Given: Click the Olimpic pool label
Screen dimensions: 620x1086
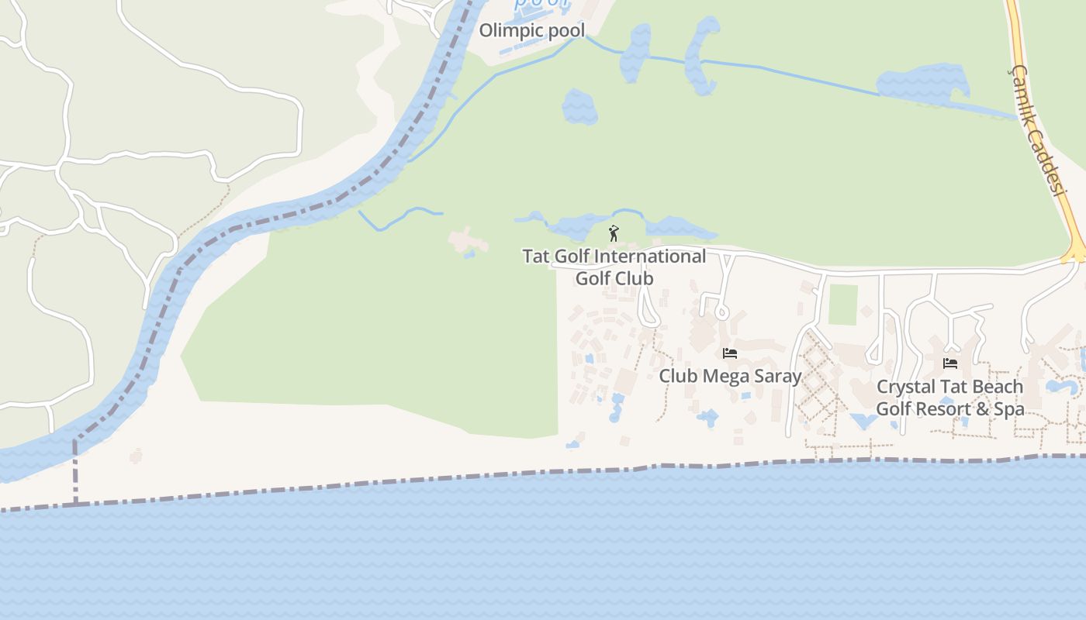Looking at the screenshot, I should [x=531, y=30].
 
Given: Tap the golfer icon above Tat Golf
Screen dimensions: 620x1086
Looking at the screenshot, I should [x=614, y=232].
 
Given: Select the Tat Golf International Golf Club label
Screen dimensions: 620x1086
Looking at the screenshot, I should [x=614, y=267].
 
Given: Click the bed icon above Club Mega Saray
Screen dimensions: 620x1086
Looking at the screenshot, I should [x=729, y=353].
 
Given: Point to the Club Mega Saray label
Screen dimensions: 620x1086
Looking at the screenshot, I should [x=729, y=376].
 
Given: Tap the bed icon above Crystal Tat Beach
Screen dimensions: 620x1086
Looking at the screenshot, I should [x=949, y=363].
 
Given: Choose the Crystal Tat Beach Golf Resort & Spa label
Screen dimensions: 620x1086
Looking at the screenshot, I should [x=949, y=398].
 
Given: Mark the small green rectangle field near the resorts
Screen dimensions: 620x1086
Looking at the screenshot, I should [x=843, y=305].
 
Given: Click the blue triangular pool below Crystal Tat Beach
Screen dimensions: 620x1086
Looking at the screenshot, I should [x=863, y=421].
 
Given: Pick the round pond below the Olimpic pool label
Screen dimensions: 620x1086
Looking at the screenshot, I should [x=579, y=107].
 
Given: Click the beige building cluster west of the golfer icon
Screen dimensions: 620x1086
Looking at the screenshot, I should [x=468, y=241].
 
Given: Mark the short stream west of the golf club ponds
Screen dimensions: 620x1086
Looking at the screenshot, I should [x=399, y=217].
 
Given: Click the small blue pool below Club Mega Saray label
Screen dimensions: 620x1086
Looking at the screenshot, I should [x=707, y=418].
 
